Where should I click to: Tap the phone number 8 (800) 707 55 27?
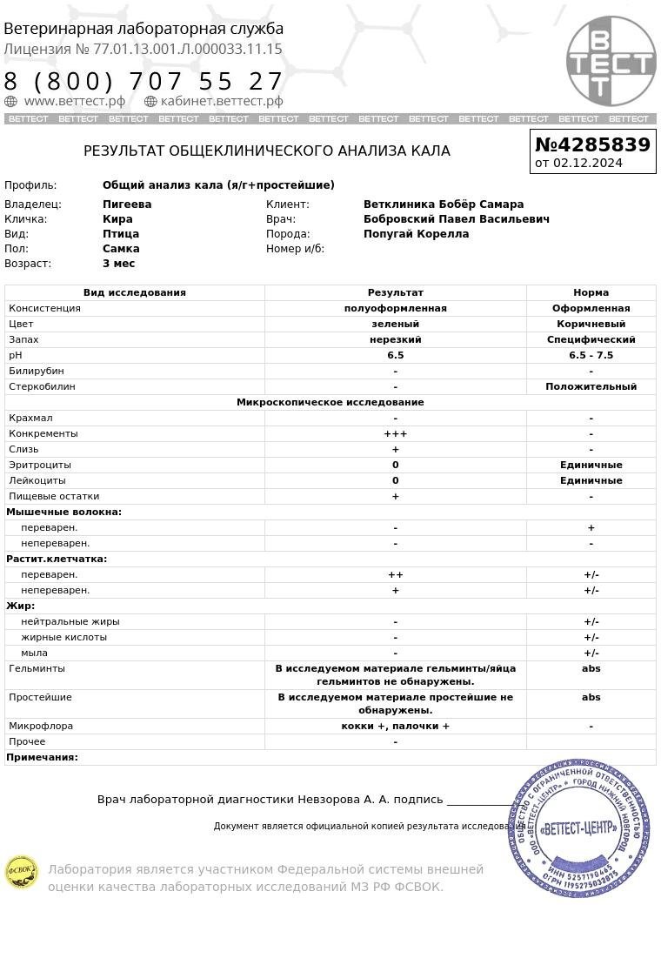[x=144, y=82]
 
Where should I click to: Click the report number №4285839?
[x=592, y=144]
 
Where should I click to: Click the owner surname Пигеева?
[x=127, y=204]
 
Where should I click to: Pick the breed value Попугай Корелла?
[x=416, y=234]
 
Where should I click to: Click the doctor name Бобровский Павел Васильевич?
[x=456, y=219]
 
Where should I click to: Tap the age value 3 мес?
[x=118, y=264]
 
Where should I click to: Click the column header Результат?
[x=395, y=293]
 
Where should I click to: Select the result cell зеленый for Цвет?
[x=395, y=325]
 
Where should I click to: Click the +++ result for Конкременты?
[x=395, y=434]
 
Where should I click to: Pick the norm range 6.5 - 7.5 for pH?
[x=591, y=356]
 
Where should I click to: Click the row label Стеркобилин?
[x=42, y=387]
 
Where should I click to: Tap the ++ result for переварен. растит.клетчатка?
[x=395, y=575]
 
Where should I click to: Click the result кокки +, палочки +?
[x=395, y=727]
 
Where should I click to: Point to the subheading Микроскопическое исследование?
[x=330, y=403]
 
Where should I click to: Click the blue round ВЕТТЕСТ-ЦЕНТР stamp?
[x=579, y=828]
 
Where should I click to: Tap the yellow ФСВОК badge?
[x=21, y=872]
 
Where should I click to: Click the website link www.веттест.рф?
[x=74, y=102]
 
